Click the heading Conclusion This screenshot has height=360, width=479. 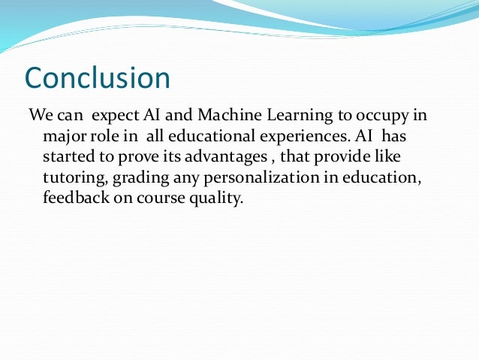coord(98,77)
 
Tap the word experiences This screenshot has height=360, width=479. coord(297,137)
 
